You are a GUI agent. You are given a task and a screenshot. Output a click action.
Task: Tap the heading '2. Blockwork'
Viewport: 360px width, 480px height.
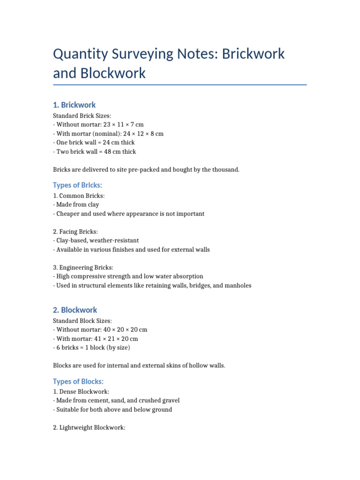click(x=75, y=310)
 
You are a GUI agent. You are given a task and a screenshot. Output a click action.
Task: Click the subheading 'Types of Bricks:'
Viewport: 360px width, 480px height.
click(x=77, y=185)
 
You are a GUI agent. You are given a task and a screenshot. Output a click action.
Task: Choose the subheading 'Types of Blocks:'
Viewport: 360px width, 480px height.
click(x=78, y=381)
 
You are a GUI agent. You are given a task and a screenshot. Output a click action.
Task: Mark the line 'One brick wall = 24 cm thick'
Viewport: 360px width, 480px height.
click(x=95, y=142)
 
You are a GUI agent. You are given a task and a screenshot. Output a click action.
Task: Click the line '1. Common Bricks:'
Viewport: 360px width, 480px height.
click(x=79, y=196)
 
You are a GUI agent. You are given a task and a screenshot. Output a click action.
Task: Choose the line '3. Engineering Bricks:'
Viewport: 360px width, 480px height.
click(x=83, y=267)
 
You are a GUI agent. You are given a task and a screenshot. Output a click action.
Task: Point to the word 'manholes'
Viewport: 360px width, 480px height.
click(x=238, y=285)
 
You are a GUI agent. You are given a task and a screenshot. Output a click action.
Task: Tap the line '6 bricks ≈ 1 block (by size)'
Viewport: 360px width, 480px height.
click(x=93, y=347)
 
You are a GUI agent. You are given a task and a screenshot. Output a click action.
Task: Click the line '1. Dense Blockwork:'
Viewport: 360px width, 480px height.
click(x=82, y=391)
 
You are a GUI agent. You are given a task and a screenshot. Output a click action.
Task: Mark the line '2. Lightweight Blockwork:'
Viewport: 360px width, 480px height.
click(x=89, y=427)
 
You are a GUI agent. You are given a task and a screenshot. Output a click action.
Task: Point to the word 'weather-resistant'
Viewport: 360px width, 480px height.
click(x=115, y=240)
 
